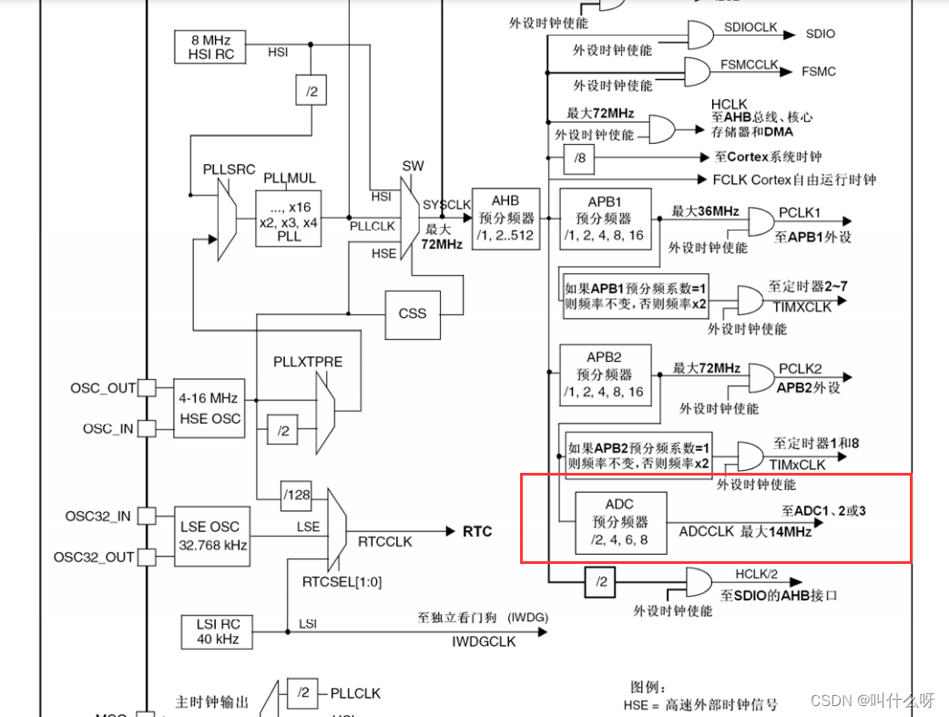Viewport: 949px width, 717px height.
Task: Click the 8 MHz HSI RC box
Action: [211, 46]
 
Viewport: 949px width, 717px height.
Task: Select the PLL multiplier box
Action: [289, 217]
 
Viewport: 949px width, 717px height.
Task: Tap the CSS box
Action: [413, 312]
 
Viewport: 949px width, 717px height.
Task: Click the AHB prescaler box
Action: [505, 219]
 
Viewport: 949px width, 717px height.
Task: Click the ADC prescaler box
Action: [620, 522]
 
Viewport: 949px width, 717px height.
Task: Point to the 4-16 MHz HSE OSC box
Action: [210, 408]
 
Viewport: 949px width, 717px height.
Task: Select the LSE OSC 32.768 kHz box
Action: [210, 536]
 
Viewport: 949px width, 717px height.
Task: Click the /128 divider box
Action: [296, 495]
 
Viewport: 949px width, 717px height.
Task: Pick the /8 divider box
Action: [579, 158]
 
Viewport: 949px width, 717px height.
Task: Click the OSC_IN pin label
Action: [109, 428]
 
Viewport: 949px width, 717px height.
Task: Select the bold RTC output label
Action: [477, 531]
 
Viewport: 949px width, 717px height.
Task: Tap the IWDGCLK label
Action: [484, 641]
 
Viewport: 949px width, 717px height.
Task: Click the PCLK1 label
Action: [800, 212]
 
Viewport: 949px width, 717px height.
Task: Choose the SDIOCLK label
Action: [750, 27]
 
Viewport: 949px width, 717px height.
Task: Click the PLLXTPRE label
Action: [308, 362]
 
